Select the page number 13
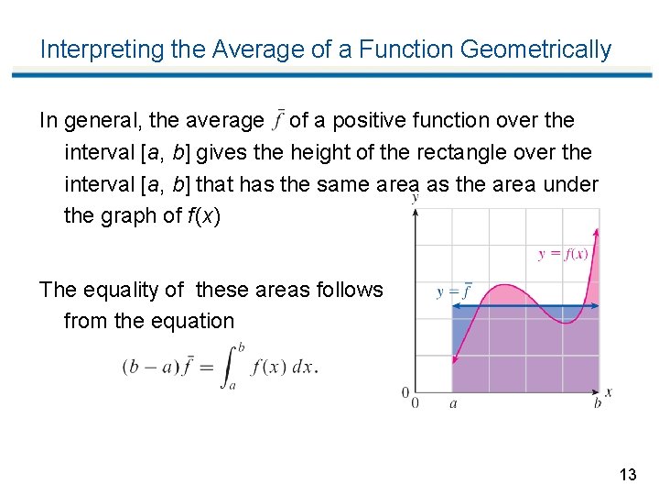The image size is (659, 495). coord(627,475)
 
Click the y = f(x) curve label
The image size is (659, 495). coord(563,254)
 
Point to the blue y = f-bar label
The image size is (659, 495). coord(453,292)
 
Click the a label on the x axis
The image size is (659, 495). coord(453,402)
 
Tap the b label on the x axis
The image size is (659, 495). coord(598,402)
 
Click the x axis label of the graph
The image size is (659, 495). coord(610,392)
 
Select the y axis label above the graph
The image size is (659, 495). coord(416,196)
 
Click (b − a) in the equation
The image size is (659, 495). coord(148,366)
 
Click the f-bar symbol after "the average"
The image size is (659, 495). coord(278,120)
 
